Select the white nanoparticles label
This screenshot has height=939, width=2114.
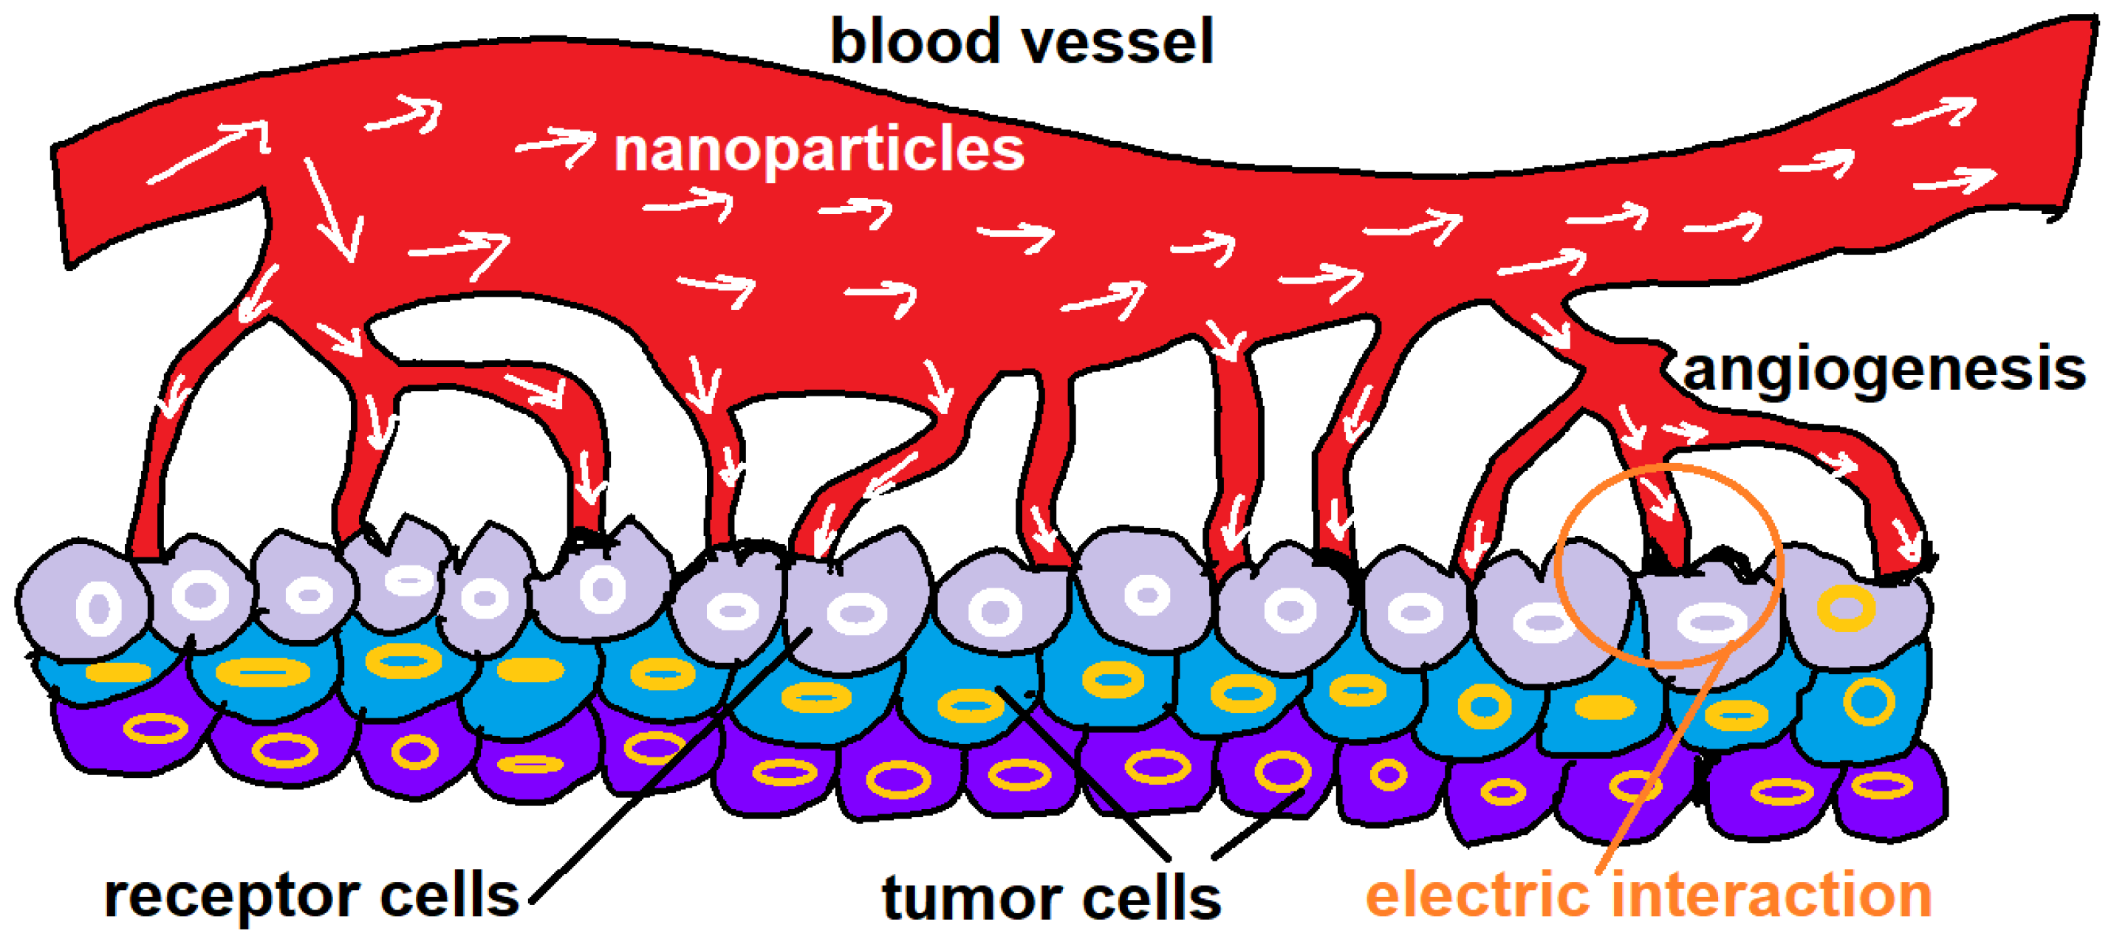point(819,149)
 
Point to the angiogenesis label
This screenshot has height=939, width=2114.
point(1884,371)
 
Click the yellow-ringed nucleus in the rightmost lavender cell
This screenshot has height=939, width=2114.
point(1847,608)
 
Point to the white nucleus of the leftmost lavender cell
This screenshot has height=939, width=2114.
point(98,608)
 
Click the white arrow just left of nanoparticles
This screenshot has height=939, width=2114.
point(556,146)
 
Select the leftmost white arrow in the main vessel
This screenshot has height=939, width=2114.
point(209,152)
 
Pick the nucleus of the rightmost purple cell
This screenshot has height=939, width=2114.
point(1883,785)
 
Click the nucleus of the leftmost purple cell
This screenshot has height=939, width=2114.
point(155,727)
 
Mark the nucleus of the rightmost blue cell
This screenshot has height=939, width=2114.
point(1869,702)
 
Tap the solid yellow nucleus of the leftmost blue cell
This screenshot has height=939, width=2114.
point(118,673)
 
